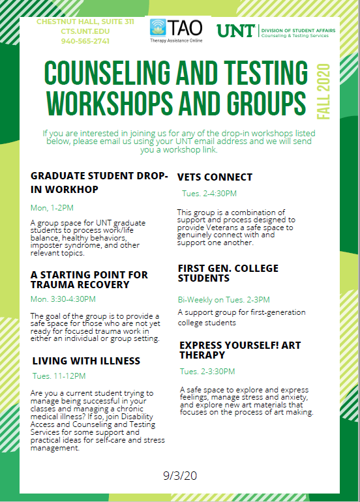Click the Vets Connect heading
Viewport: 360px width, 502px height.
coord(215,177)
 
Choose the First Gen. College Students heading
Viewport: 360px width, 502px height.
coord(228,273)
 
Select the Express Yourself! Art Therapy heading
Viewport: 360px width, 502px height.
coord(240,350)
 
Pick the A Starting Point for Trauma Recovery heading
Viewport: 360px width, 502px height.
coord(89,280)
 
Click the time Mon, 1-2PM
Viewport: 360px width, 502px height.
coord(53,207)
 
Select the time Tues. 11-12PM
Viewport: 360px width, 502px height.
coord(59,376)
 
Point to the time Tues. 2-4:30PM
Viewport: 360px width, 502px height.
coord(209,194)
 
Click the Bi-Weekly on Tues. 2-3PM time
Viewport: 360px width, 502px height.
coord(224,300)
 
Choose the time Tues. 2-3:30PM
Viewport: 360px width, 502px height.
coord(209,372)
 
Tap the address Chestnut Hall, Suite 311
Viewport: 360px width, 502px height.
coord(85,22)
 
